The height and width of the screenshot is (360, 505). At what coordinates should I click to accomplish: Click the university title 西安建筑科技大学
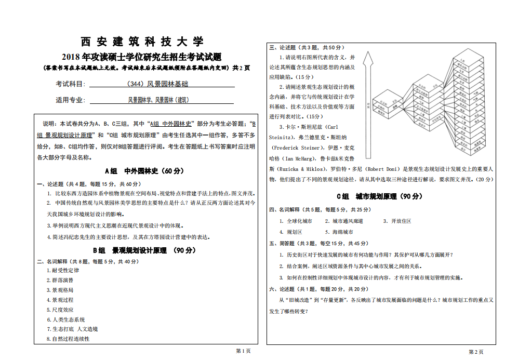[x=142, y=42]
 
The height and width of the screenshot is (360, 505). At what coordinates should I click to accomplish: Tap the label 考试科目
[x=70, y=84]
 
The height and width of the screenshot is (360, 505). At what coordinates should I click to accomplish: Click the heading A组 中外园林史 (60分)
[x=144, y=170]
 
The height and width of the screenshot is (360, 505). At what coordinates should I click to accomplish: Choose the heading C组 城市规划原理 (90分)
[x=379, y=196]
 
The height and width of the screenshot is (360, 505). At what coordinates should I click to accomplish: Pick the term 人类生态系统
[x=68, y=319]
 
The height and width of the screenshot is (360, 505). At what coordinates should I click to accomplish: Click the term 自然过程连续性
[x=70, y=339]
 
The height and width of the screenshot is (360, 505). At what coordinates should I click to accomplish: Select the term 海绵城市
[x=342, y=232]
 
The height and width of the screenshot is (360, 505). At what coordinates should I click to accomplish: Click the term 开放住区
[x=401, y=221]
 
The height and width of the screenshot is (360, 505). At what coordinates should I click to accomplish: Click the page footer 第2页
[x=476, y=352]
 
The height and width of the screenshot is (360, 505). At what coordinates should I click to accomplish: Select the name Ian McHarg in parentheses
[x=298, y=158]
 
